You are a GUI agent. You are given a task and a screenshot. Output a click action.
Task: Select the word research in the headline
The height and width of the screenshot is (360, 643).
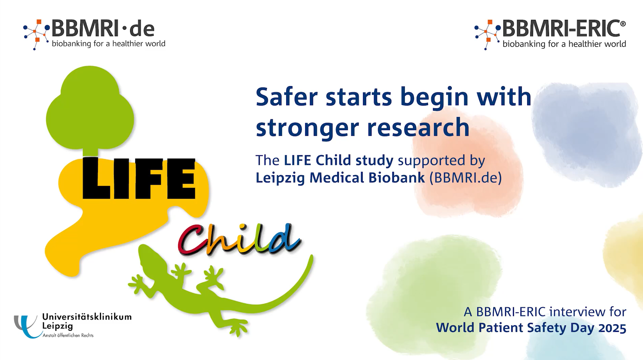click(418, 127)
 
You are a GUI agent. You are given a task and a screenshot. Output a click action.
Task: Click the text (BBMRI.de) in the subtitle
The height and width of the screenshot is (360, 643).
click(466, 178)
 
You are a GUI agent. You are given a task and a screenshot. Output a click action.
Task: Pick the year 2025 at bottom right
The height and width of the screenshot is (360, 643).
click(612, 328)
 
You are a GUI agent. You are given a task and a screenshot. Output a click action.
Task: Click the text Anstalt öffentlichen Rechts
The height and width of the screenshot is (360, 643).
click(68, 335)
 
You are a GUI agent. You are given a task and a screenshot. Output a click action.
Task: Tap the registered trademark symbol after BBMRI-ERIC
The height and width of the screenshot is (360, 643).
click(623, 23)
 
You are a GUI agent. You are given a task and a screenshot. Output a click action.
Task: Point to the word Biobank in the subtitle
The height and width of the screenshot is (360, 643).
click(397, 178)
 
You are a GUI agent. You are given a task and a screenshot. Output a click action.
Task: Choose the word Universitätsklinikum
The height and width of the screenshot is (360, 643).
click(87, 317)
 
